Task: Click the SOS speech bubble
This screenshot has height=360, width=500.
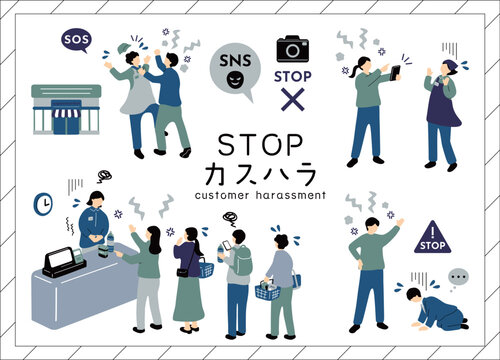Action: click(x=76, y=40)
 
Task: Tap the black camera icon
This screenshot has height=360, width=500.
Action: click(x=293, y=49)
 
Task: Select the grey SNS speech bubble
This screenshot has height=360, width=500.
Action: click(x=235, y=71)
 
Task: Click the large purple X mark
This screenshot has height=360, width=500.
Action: click(x=293, y=99)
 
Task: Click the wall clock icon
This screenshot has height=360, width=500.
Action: click(x=43, y=204)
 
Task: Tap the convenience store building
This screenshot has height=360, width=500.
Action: click(x=66, y=109)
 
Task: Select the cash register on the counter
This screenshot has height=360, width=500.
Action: click(x=63, y=262)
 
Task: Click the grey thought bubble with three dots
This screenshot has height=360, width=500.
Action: click(x=458, y=277)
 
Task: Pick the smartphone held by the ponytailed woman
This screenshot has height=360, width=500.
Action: click(x=395, y=73)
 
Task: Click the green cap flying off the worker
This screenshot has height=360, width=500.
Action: click(x=124, y=48)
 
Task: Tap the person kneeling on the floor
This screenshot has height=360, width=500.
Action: click(x=437, y=309)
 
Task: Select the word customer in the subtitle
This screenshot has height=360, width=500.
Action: click(x=222, y=195)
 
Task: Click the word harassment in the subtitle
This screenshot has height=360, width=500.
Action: click(x=290, y=195)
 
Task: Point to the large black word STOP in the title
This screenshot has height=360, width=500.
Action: click(x=260, y=145)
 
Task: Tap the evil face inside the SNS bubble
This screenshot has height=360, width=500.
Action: click(x=235, y=80)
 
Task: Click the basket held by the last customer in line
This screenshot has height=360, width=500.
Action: click(x=268, y=290)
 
